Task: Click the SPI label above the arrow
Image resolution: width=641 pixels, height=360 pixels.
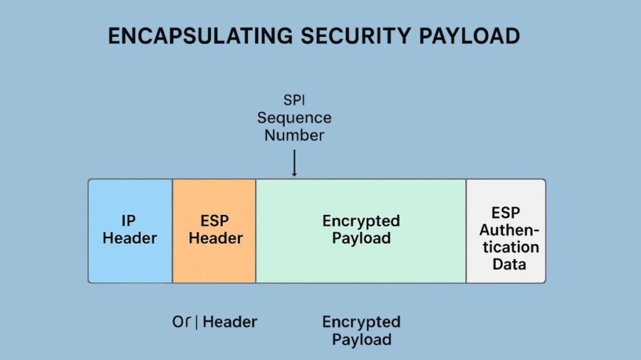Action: [x=294, y=100]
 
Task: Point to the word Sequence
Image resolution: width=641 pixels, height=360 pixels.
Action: [x=294, y=118]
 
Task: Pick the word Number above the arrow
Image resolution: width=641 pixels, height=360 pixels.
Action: [x=294, y=135]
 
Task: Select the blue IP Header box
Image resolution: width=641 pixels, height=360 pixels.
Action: [x=130, y=257]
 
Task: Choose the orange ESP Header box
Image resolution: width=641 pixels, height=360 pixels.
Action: [x=215, y=263]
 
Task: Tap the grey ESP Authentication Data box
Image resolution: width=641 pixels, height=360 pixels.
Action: [x=506, y=275]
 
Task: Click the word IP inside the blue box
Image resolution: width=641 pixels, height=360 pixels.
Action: [x=128, y=221]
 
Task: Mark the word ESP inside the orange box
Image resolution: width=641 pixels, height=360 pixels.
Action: [x=215, y=221]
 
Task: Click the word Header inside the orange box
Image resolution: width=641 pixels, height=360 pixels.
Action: [x=215, y=239]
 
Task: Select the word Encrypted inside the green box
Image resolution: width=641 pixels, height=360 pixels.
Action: [x=361, y=221]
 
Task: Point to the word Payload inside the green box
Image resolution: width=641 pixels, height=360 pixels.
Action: [x=361, y=239]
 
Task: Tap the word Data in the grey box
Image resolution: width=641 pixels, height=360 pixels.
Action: [x=509, y=264]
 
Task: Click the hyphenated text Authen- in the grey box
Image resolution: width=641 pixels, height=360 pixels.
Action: [x=509, y=230]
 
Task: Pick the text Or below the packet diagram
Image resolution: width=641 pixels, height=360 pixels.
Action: [x=181, y=322]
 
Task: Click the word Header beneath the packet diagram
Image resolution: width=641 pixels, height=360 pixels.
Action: [x=230, y=322]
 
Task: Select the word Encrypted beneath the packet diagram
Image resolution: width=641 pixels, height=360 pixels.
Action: [x=361, y=322]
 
